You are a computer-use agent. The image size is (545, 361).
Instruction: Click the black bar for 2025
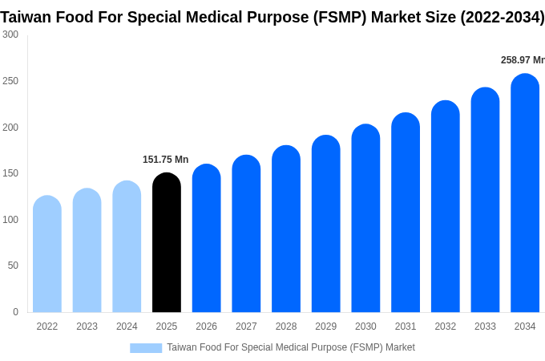pyautogui.click(x=167, y=242)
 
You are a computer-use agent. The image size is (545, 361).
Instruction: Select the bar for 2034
pyautogui.click(x=525, y=193)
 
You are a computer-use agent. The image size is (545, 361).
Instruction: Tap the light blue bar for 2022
pyautogui.click(x=47, y=254)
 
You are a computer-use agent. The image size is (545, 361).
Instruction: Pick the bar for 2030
pyautogui.click(x=365, y=218)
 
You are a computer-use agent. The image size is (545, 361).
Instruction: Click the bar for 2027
pyautogui.click(x=246, y=233)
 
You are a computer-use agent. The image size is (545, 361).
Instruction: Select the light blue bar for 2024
pyautogui.click(x=127, y=246)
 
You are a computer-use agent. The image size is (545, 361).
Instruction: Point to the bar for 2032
pyautogui.click(x=446, y=206)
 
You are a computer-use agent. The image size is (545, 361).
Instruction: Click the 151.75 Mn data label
pyautogui.click(x=165, y=160)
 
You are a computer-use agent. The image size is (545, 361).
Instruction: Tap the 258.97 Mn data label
pyautogui.click(x=522, y=60)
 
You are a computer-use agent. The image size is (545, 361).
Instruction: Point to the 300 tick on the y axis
pyautogui.click(x=10, y=34)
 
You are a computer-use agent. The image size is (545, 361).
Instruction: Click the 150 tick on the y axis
pyautogui.click(x=10, y=173)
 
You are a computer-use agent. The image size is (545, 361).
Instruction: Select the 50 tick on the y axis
pyautogui.click(x=13, y=266)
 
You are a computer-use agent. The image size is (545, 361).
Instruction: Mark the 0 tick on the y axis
pyautogui.click(x=15, y=312)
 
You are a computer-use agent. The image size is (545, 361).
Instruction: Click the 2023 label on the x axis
pyautogui.click(x=87, y=327)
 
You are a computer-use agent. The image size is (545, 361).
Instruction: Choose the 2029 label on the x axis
pyautogui.click(x=325, y=327)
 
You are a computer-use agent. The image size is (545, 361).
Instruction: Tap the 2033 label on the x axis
pyautogui.click(x=485, y=327)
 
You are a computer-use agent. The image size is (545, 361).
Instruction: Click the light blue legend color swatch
pyautogui.click(x=146, y=348)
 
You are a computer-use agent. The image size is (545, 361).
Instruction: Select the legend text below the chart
pyautogui.click(x=291, y=347)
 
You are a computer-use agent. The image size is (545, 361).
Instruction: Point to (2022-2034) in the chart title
pyautogui.click(x=502, y=17)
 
